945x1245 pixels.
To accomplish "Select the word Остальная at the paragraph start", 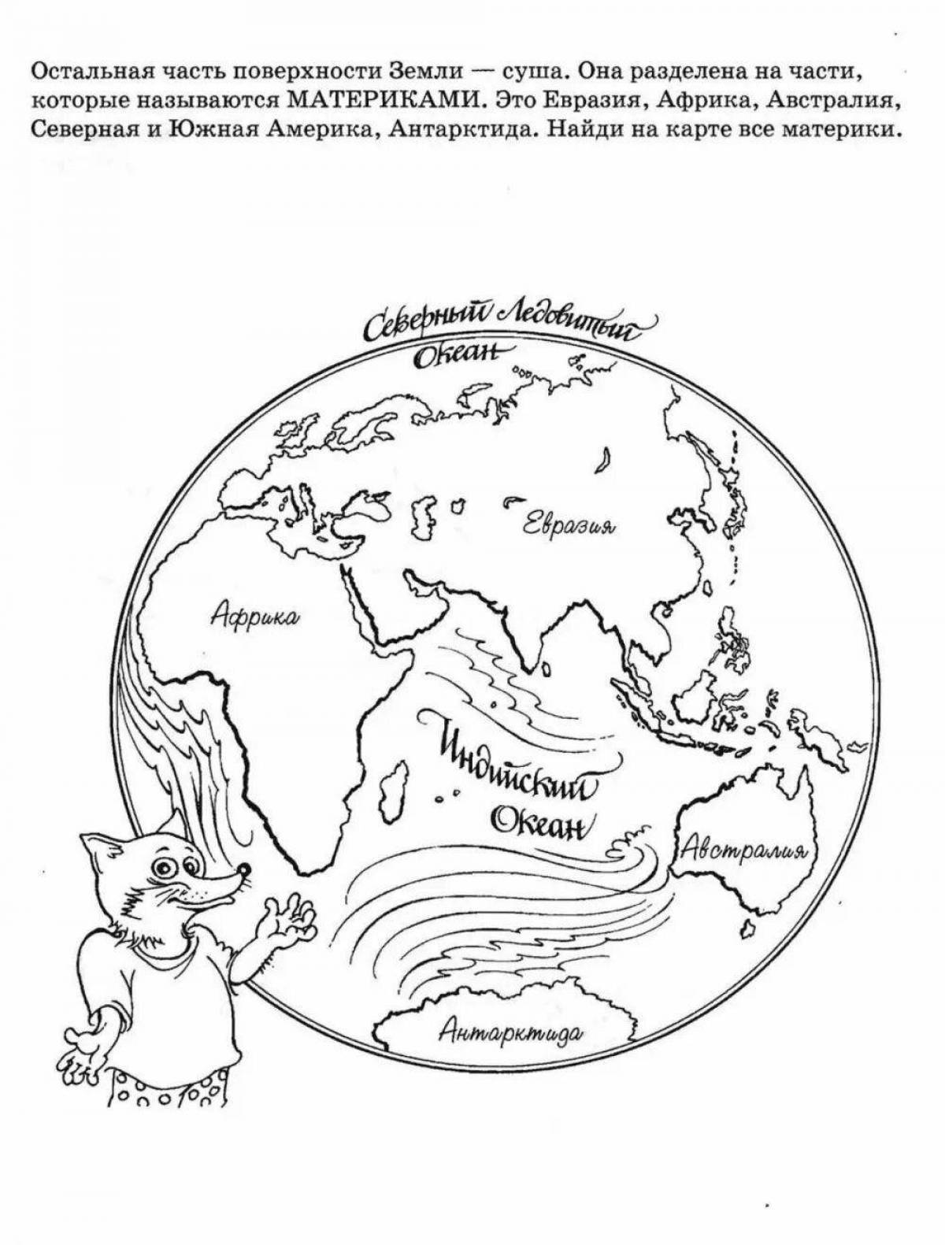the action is click(81, 72).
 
